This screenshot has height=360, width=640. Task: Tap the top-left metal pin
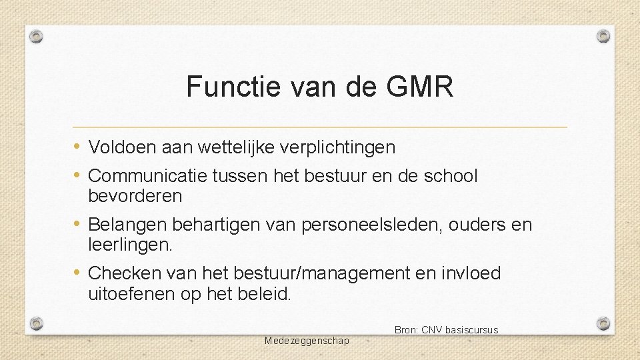(x=37, y=35)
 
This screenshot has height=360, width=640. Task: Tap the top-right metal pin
(x=603, y=35)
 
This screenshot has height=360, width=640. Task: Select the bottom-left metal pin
(x=37, y=324)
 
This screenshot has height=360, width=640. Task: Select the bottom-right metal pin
(x=603, y=324)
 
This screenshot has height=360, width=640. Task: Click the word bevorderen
(x=135, y=196)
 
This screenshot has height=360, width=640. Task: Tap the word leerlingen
(x=130, y=245)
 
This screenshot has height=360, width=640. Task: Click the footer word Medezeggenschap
(x=307, y=341)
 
